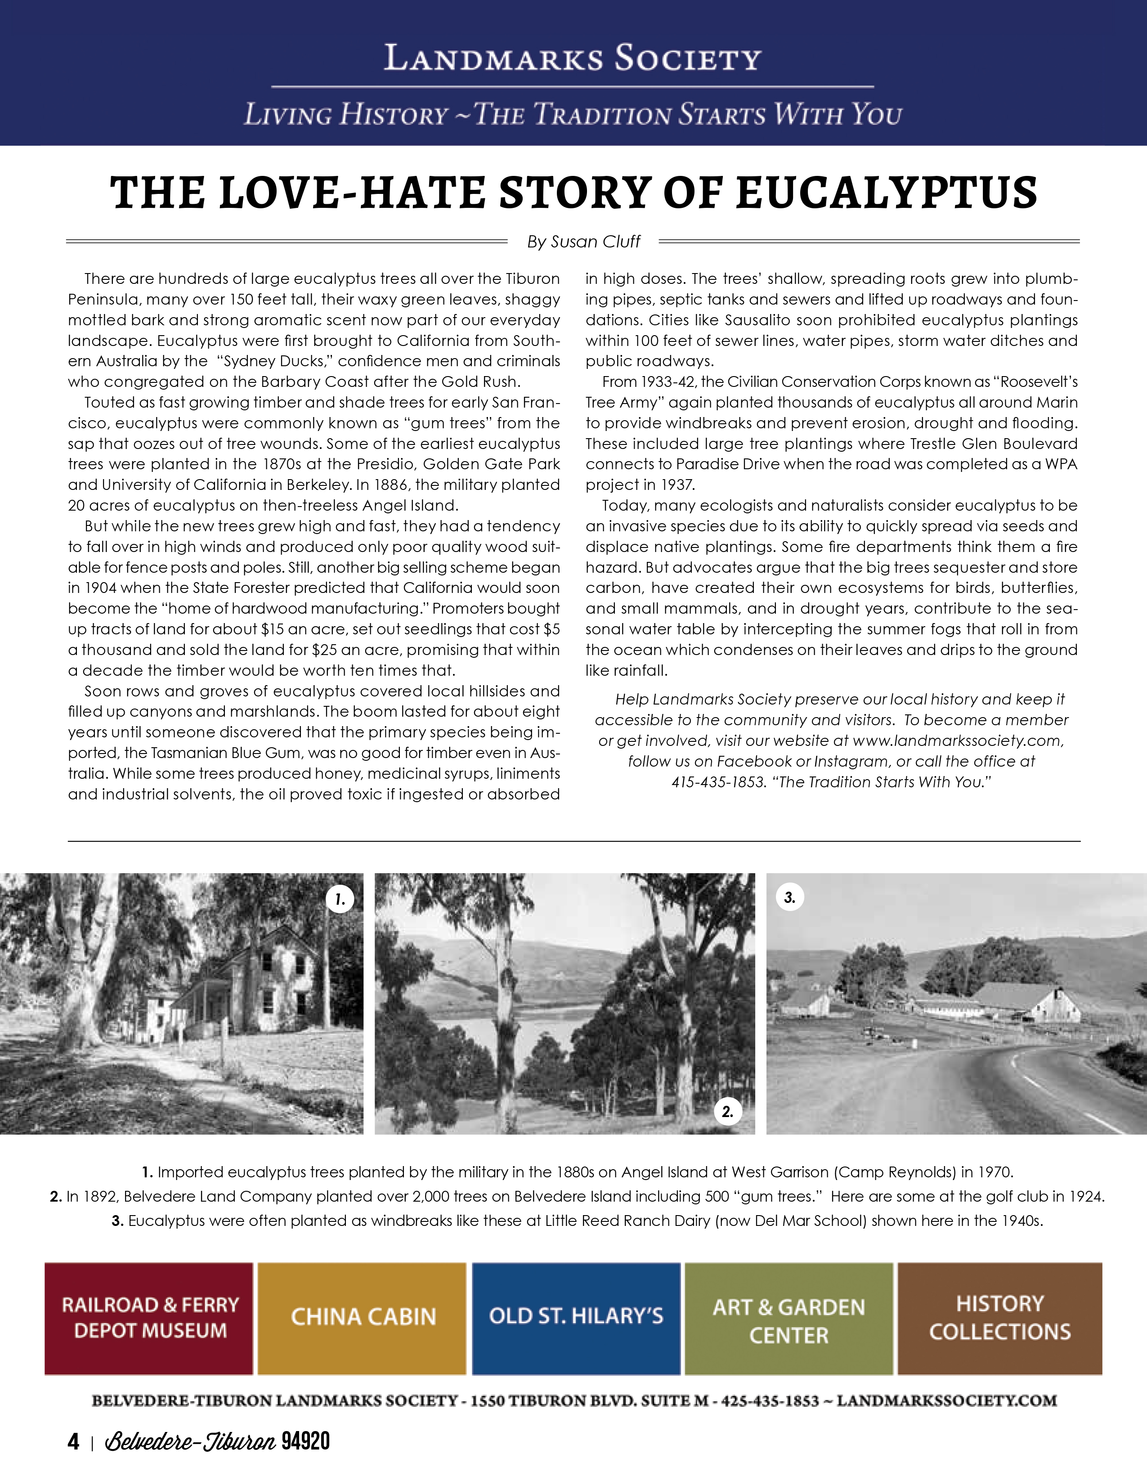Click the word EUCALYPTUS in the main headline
tap(887, 193)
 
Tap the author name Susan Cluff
tap(595, 242)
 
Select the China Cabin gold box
tap(363, 1318)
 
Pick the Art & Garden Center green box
tap(789, 1318)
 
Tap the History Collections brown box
tap(1000, 1318)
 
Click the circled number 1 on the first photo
tap(340, 899)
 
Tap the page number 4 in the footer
tap(73, 1441)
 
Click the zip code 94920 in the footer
tap(305, 1441)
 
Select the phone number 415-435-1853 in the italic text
tap(717, 782)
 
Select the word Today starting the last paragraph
tap(624, 506)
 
